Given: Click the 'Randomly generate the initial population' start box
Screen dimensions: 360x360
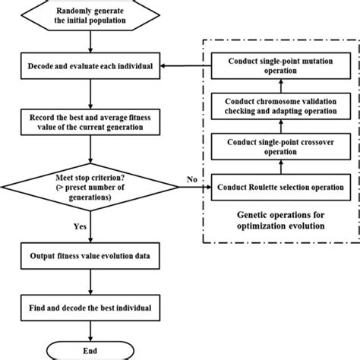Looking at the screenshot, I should pyautogui.click(x=91, y=15).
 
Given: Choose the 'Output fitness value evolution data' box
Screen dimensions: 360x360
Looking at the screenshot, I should pyautogui.click(x=91, y=257).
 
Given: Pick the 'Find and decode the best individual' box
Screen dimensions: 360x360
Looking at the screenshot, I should pyautogui.click(x=91, y=309).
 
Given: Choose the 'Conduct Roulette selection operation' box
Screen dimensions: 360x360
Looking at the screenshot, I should pyautogui.click(x=279, y=188).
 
